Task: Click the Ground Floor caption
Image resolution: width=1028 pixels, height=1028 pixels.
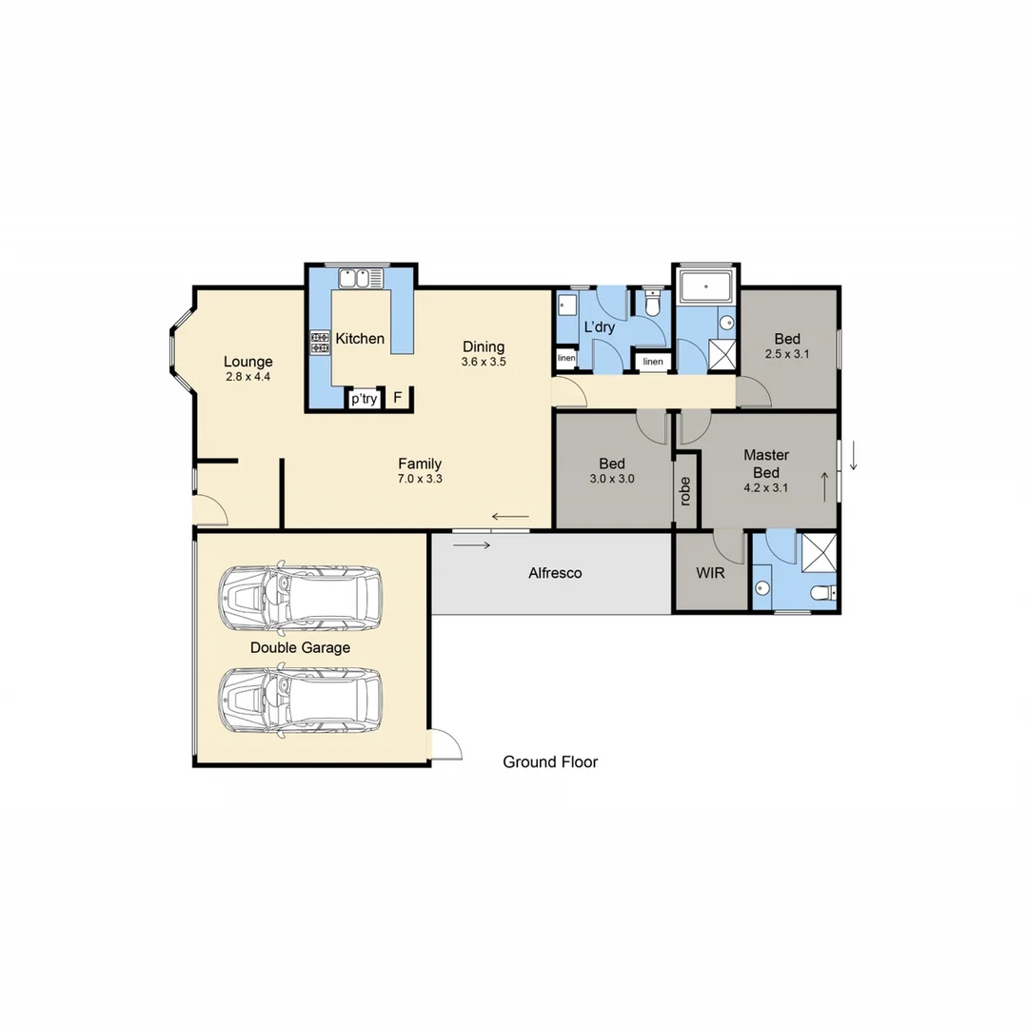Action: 550,761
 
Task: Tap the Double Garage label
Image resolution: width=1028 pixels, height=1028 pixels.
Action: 300,648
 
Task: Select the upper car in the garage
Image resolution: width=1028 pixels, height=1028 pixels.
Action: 299,598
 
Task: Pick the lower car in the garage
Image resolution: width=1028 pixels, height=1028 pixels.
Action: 299,702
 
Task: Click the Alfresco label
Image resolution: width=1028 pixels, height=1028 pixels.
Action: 555,574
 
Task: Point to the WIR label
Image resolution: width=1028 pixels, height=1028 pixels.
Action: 711,574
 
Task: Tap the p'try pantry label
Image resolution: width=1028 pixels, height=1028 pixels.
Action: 364,399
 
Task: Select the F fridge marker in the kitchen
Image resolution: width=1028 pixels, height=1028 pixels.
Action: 398,399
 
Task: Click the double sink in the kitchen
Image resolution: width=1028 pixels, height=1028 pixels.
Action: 360,278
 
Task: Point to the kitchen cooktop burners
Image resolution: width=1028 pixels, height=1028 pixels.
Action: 319,343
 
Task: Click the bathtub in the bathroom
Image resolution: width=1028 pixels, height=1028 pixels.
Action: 706,284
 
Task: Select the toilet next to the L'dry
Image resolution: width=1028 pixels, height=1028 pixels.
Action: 652,303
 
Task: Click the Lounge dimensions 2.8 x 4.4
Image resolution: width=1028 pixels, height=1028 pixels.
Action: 248,377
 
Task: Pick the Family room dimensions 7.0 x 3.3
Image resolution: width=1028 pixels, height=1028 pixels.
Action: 420,480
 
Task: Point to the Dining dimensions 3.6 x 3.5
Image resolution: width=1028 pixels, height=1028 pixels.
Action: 484,363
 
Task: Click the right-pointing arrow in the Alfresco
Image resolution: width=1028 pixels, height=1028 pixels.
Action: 473,545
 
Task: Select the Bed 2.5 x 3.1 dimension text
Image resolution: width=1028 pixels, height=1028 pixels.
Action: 786,354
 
